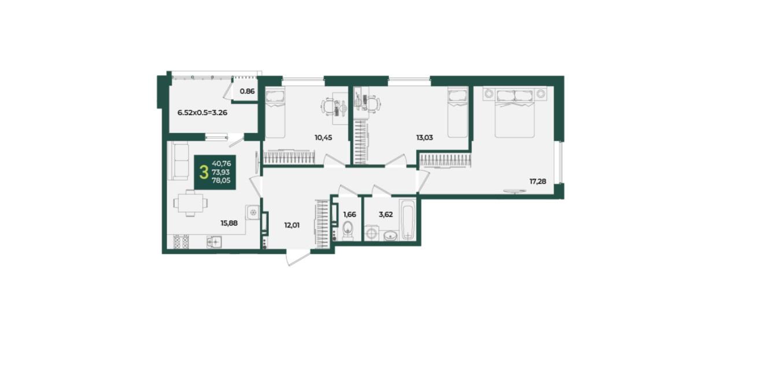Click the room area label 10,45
pos(323,137)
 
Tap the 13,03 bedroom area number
pos(424,137)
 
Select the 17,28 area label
pos(538,181)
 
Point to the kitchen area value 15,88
pos(229,223)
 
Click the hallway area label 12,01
pos(292,225)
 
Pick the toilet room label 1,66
pos(350,214)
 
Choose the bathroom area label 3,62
pos(386,214)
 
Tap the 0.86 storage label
pos(247,91)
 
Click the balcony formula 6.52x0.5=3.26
pos(202,113)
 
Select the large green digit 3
pos(204,172)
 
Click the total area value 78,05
pos(221,180)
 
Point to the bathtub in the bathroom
pos(408,220)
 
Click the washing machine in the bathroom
pos(372,233)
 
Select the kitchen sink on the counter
pos(215,241)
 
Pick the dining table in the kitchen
pos(190,203)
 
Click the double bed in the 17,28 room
pos(514,113)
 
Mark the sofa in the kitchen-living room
pos(180,161)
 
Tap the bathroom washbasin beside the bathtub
pos(391,235)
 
